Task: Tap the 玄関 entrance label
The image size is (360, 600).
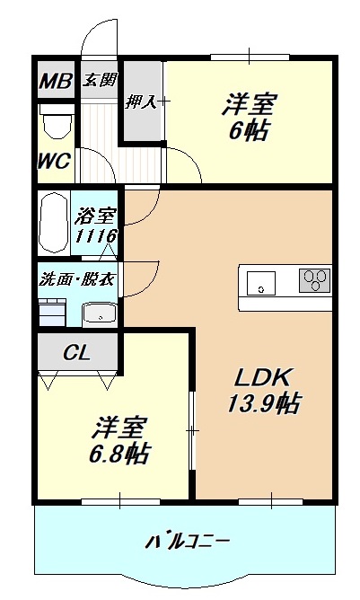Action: (x=100, y=80)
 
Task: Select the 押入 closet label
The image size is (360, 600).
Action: (x=142, y=101)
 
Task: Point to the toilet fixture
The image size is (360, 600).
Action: (x=58, y=123)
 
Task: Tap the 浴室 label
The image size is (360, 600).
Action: (x=98, y=216)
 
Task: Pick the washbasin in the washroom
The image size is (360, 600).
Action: (x=98, y=313)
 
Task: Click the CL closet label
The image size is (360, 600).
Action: (x=76, y=353)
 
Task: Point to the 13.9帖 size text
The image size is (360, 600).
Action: (x=263, y=404)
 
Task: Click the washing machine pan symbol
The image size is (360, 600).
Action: (x=52, y=312)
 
